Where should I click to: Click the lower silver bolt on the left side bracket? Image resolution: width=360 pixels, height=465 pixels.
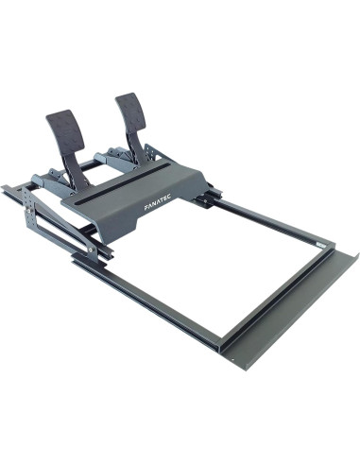91,250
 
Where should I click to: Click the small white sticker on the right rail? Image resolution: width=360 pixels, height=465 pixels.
319,244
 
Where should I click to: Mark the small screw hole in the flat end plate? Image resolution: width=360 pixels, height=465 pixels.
232,358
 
